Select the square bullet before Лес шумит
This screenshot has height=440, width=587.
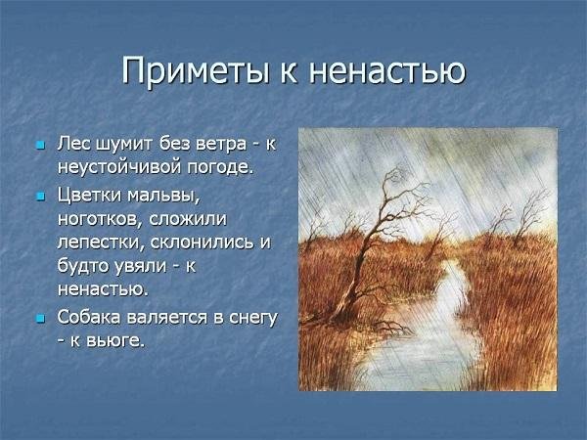[40, 145]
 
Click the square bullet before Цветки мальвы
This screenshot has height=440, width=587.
[40, 197]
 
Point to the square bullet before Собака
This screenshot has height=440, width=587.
[40, 319]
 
